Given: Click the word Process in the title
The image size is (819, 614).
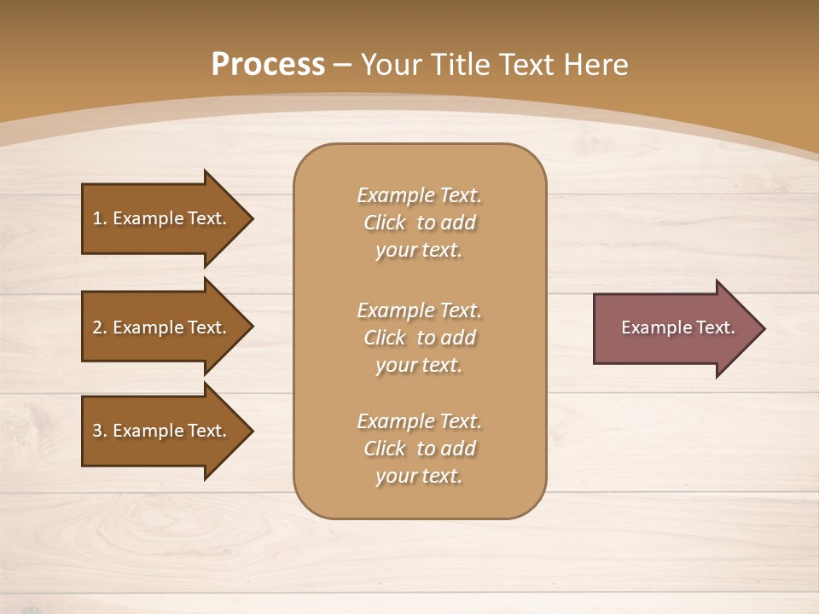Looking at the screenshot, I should (x=268, y=65).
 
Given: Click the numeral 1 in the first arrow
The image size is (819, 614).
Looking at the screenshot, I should (x=97, y=218).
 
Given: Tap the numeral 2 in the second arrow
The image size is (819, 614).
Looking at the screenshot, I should (x=97, y=327).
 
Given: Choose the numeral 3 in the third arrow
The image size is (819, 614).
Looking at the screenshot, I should (x=97, y=431).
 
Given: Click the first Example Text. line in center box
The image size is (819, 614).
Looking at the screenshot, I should (x=419, y=195).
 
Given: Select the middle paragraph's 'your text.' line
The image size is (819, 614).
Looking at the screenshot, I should (x=419, y=365).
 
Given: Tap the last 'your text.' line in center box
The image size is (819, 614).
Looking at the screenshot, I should (x=419, y=476).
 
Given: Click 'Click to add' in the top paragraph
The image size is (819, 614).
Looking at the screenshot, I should (x=419, y=223).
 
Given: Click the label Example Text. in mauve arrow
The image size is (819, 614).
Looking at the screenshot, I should (x=677, y=327).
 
